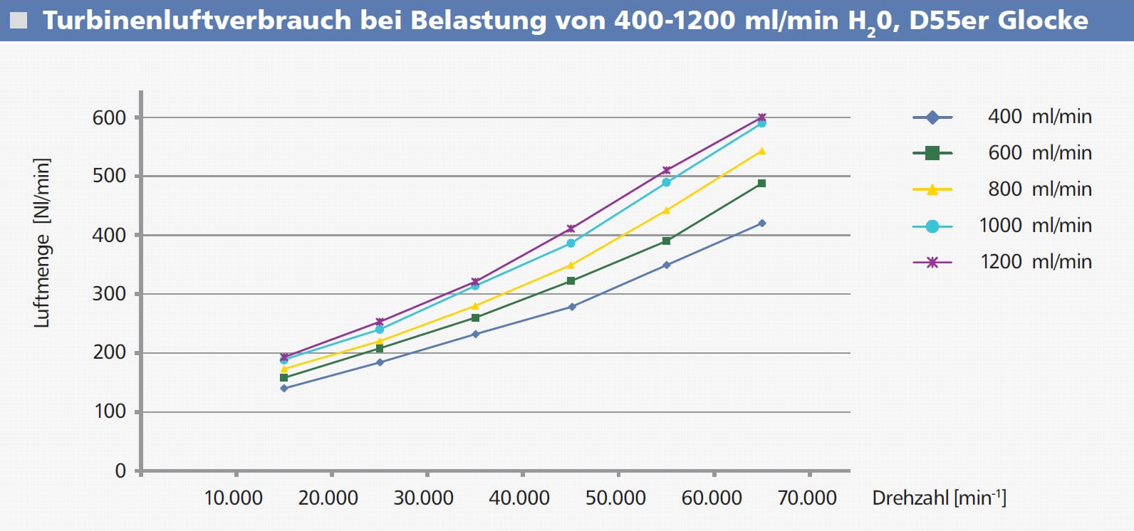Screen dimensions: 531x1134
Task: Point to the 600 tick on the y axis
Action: pyautogui.click(x=108, y=118)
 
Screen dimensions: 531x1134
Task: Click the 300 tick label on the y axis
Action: pyautogui.click(x=108, y=294)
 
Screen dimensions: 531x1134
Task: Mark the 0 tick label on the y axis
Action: pyautogui.click(x=120, y=471)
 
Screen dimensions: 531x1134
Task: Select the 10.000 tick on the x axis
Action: pyautogui.click(x=233, y=498)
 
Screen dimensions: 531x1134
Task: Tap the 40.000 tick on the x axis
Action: pyautogui.click(x=519, y=498)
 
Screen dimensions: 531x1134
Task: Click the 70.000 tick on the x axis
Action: pyautogui.click(x=807, y=498)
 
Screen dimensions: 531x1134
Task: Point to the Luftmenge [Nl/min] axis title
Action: pyautogui.click(x=42, y=243)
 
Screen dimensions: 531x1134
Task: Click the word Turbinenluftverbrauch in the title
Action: pyautogui.click(x=197, y=21)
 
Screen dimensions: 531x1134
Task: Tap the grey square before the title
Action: pyautogui.click(x=19, y=21)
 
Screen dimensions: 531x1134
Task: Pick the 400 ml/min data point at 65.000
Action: pyautogui.click(x=761, y=224)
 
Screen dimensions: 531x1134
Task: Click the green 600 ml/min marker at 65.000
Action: pyautogui.click(x=761, y=184)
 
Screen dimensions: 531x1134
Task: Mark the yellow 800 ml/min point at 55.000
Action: pyautogui.click(x=666, y=210)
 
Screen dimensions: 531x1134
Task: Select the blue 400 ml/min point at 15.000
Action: pyautogui.click(x=284, y=388)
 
